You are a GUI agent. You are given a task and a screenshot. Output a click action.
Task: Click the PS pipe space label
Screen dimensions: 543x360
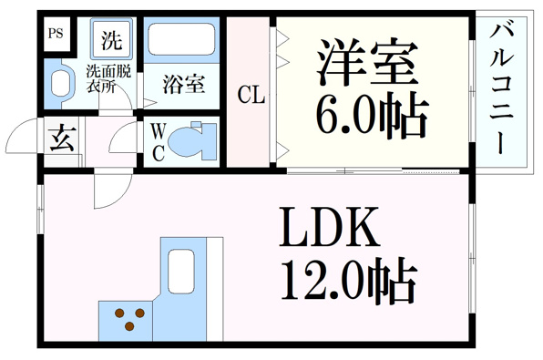[x=56, y=34]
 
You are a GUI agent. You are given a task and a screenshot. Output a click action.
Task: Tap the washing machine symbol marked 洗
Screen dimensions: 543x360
[x=111, y=39]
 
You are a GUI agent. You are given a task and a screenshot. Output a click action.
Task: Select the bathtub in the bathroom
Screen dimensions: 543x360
[x=181, y=39]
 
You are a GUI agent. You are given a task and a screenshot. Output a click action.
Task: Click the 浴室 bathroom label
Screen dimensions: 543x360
[x=184, y=84]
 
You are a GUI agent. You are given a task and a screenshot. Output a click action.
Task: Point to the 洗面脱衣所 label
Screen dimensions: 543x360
[x=108, y=79]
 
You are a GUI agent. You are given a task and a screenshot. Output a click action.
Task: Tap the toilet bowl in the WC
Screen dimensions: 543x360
[x=188, y=142]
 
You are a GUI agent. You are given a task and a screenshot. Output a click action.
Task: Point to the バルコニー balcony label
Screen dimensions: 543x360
[x=501, y=89]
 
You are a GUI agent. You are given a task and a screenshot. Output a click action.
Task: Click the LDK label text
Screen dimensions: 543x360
[x=328, y=226]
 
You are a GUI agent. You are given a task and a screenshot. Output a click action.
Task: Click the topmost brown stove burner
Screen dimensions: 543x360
[x=119, y=313]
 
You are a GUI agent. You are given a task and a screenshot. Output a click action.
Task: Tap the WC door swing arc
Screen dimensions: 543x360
[x=118, y=133]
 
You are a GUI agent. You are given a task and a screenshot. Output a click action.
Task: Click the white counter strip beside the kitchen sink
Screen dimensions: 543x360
[x=215, y=289]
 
